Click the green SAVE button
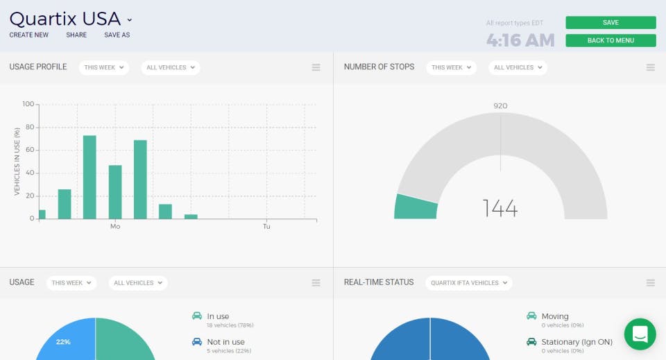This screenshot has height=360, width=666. click(x=610, y=23)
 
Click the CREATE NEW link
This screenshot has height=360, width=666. click(x=29, y=35)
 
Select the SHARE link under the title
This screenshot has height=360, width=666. click(x=76, y=35)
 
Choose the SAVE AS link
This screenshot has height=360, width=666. click(x=117, y=35)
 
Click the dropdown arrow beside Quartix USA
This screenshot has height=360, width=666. click(x=130, y=20)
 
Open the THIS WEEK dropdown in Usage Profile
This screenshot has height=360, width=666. click(x=103, y=67)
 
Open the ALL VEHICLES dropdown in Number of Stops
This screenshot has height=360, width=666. click(x=518, y=67)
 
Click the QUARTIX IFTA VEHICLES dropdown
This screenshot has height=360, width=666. click(x=468, y=282)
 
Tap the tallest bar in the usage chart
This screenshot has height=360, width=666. click(x=89, y=177)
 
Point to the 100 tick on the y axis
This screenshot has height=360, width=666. click(x=28, y=104)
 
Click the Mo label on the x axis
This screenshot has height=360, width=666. click(x=115, y=227)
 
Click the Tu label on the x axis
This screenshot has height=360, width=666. click(x=266, y=227)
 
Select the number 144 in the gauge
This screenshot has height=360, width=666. click(x=500, y=207)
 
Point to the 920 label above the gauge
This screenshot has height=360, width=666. click(x=500, y=106)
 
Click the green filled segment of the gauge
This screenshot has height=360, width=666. click(x=416, y=207)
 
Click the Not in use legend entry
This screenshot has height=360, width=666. click(x=225, y=342)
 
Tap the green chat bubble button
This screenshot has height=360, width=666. click(x=640, y=334)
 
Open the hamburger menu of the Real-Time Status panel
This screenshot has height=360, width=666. click(x=651, y=282)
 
